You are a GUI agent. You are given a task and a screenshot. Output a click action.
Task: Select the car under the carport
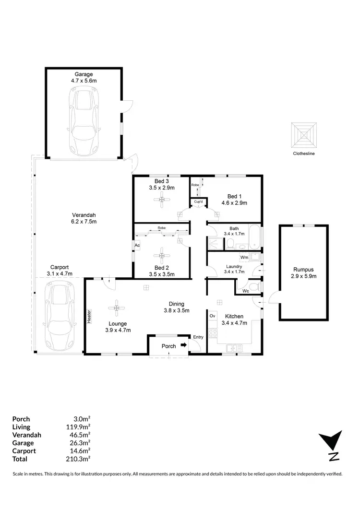tap(60, 317)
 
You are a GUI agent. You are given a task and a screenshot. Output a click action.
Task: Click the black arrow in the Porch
tap(183, 345)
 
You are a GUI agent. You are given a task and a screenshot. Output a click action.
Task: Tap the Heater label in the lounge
tap(89, 316)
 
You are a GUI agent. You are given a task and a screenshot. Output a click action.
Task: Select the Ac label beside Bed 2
tap(137, 245)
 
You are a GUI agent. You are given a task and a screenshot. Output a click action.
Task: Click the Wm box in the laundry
tap(244, 258)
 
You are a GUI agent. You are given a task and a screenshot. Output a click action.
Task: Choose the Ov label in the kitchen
tap(212, 316)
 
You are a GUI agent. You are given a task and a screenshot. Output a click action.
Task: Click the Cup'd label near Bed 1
tap(198, 202)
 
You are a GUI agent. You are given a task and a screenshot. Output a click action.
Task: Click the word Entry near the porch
tap(198, 337)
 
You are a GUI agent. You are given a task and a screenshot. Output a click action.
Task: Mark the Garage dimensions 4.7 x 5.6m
tap(84, 81)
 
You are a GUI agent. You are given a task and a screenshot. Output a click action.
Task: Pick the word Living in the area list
tap(21, 426)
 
